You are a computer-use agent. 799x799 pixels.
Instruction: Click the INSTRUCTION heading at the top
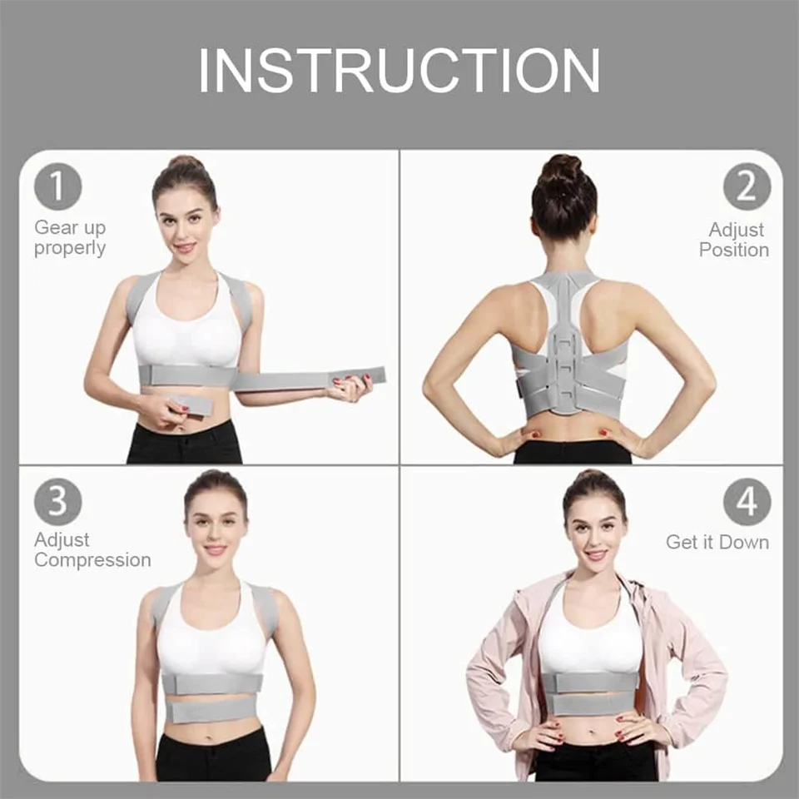399,70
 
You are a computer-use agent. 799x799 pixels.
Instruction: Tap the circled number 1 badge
57,186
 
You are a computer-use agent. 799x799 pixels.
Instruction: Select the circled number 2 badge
747,186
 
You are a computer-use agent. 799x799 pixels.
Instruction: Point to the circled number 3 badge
57,501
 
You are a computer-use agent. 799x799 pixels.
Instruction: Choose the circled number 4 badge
747,501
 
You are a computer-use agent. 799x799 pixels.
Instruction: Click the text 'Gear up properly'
70,238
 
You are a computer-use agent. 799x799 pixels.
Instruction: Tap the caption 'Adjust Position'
734,240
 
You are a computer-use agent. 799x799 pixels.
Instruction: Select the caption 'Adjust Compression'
92,550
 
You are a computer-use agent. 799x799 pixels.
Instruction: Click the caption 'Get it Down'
717,542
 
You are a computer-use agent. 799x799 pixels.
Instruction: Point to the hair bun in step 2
563,169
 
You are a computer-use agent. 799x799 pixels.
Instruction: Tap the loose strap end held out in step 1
309,378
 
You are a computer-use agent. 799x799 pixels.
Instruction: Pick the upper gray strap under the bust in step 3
212,682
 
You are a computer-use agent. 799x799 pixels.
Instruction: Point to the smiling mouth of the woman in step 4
595,554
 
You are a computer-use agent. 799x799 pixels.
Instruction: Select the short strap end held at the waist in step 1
191,404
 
